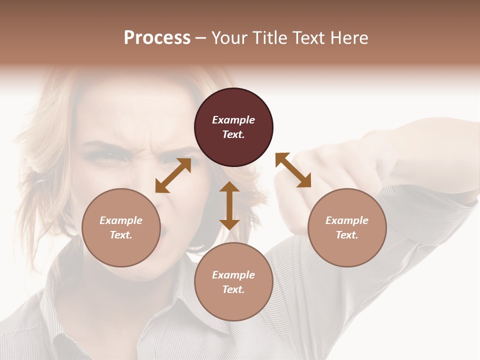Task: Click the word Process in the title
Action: coord(157,38)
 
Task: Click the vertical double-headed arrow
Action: coord(229,205)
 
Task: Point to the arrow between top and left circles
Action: coord(173,175)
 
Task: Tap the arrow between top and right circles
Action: coord(293,170)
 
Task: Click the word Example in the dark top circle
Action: coord(233,120)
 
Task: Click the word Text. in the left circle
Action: coord(121,235)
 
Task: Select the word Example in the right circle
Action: coord(347,220)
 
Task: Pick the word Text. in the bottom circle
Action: coord(233,289)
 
